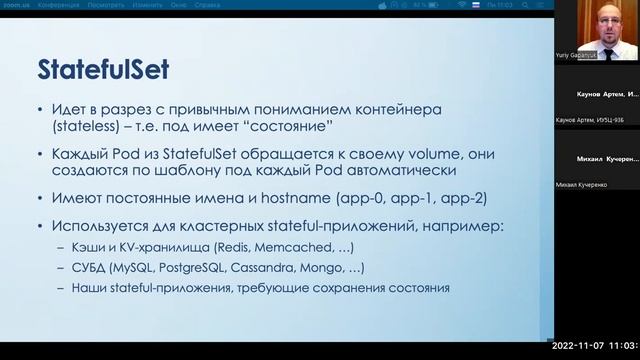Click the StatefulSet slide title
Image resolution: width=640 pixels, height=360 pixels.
click(x=104, y=69)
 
